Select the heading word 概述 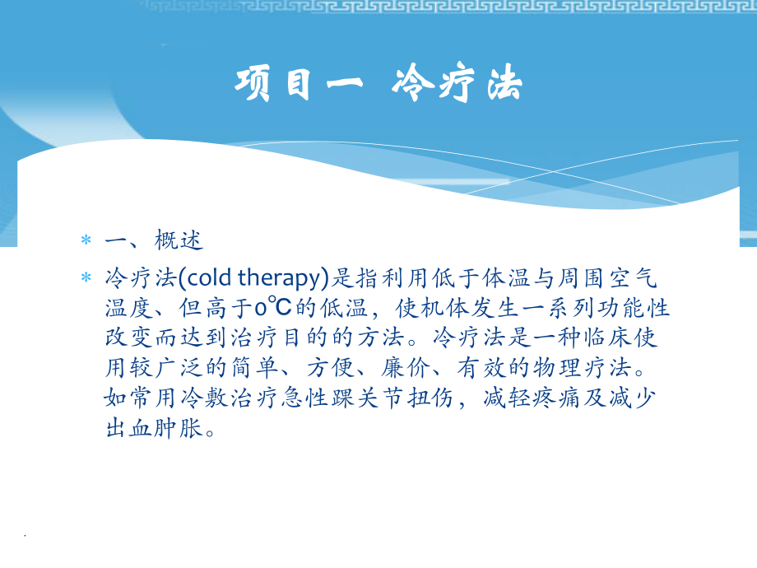(x=178, y=241)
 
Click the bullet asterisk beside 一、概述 (x=85, y=242)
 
